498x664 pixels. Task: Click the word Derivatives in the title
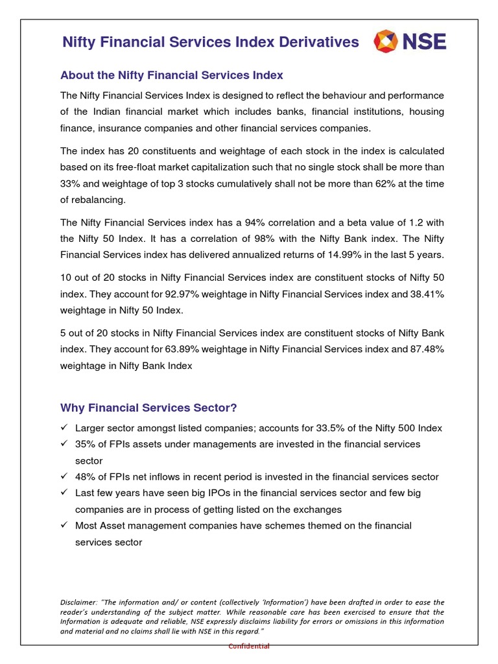tap(318, 42)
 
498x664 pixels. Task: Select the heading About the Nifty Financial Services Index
tap(171, 75)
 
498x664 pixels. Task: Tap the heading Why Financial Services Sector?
tap(148, 408)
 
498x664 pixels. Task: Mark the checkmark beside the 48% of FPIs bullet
tap(64, 477)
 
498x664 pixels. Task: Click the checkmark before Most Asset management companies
tap(64, 525)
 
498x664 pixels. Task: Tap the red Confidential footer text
tap(249, 646)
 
